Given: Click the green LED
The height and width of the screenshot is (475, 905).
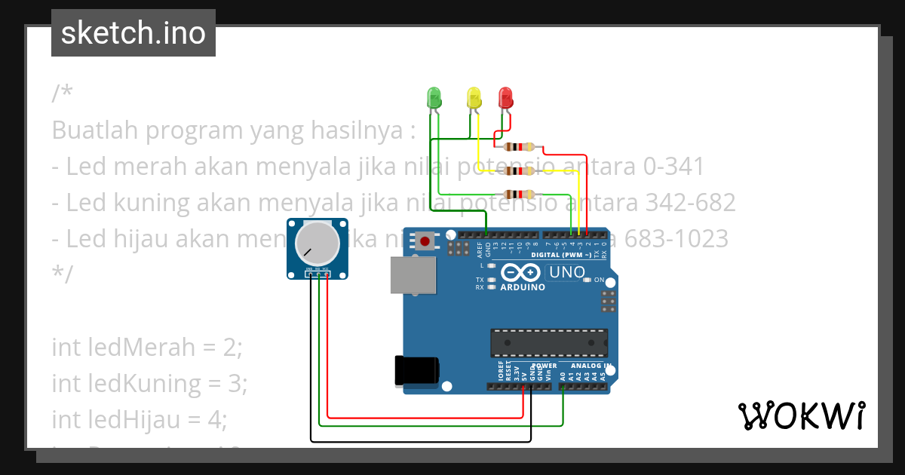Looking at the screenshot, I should (x=434, y=97).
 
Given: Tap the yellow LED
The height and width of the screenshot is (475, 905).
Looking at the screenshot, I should (x=474, y=97).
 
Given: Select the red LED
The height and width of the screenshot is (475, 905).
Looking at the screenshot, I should (x=505, y=97).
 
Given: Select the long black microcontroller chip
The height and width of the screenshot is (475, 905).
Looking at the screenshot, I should (x=549, y=342).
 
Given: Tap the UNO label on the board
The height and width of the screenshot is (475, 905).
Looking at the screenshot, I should (x=568, y=272).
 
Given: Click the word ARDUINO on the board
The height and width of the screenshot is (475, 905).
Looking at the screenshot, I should (x=523, y=287).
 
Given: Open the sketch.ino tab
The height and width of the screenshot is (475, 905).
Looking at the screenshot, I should (x=133, y=33).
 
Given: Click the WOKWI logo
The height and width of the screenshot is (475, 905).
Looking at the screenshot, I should (x=801, y=415).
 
